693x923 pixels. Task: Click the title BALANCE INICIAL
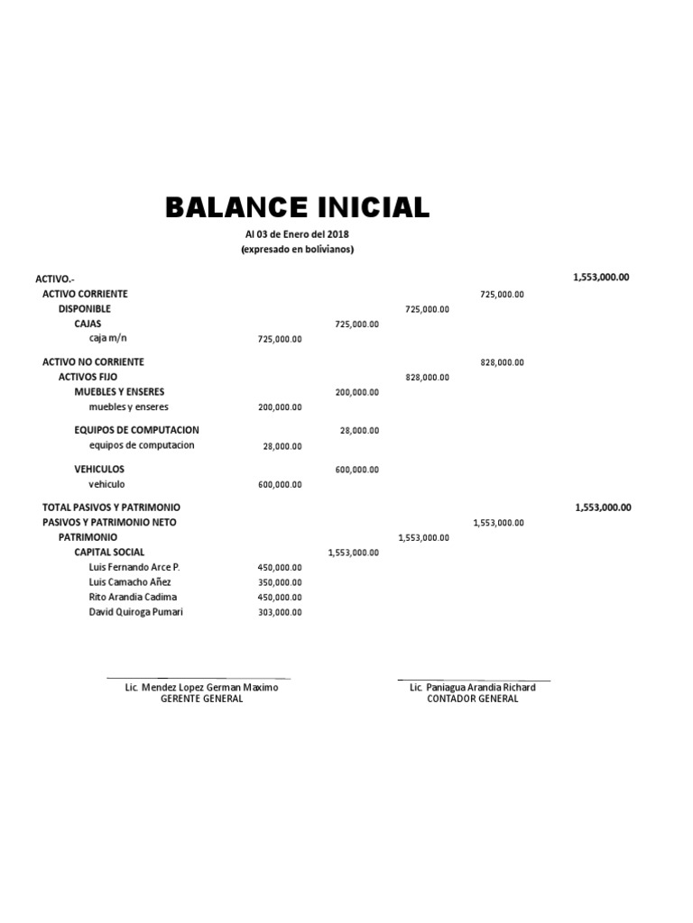[297, 207]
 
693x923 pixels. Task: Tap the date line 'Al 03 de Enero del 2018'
[297, 234]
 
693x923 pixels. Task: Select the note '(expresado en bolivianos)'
[297, 250]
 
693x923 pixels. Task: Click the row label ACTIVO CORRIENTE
[85, 294]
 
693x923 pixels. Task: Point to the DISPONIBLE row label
[85, 308]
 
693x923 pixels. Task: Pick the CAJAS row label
[88, 323]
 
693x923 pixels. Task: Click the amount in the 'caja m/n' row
[280, 339]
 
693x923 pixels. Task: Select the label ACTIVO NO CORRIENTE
[93, 361]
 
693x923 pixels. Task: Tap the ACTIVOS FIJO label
[88, 377]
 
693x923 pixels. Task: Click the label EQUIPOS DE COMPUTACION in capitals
[136, 430]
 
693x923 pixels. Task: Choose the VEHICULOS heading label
[99, 470]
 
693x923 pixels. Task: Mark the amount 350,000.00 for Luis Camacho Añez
[280, 583]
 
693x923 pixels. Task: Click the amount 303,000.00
[280, 613]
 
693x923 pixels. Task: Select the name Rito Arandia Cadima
[133, 597]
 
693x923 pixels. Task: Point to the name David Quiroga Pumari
[135, 613]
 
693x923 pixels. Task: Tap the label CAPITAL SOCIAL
[109, 552]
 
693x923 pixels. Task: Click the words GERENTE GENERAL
[201, 699]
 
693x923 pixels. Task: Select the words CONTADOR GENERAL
[473, 699]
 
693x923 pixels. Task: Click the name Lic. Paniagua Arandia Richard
[472, 687]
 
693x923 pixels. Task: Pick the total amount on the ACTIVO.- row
[601, 278]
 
